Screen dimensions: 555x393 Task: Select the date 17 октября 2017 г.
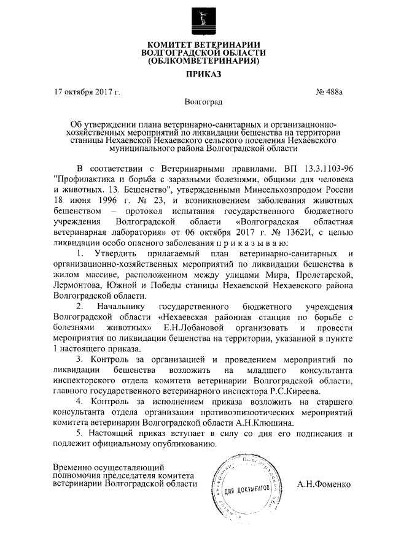point(87,93)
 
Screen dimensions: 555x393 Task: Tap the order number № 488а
point(330,93)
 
